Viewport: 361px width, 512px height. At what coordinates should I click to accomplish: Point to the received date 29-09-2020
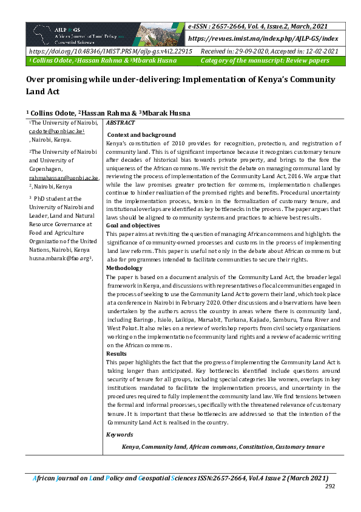click(x=249, y=52)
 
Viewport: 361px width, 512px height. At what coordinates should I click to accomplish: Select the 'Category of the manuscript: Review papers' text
click(x=265, y=61)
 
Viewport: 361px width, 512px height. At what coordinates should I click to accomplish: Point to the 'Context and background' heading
click(x=141, y=134)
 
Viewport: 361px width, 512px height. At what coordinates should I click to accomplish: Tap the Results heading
click(x=117, y=353)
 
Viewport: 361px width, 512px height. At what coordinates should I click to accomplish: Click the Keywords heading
click(x=120, y=434)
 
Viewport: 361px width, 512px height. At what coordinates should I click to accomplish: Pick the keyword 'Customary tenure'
click(x=300, y=446)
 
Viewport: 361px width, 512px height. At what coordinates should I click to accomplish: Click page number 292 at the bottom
click(x=330, y=486)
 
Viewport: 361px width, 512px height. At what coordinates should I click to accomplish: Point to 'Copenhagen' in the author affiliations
click(x=48, y=170)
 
